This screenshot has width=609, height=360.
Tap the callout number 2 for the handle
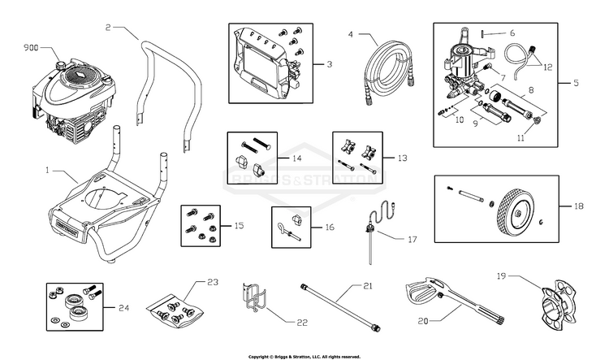tap(108, 28)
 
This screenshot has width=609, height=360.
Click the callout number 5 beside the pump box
tap(576, 83)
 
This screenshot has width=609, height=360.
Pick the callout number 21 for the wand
tap(368, 287)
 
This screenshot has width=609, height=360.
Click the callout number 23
tap(212, 282)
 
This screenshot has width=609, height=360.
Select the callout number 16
tap(329, 228)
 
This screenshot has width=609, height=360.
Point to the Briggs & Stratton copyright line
tap(304, 356)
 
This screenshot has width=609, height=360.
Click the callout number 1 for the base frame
tap(48, 171)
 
